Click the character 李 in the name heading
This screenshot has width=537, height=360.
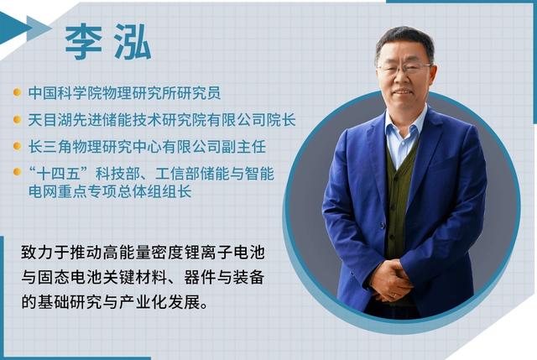point(84,42)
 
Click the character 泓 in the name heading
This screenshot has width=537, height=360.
point(133,42)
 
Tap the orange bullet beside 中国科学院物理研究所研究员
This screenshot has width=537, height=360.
point(17,92)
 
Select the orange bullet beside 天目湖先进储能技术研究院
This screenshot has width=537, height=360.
point(17,119)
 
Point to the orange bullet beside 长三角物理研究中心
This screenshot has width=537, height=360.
point(17,146)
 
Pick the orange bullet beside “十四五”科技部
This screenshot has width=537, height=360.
point(17,171)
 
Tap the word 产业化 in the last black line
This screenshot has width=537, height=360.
point(143,302)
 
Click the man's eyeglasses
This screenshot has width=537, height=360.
point(404,68)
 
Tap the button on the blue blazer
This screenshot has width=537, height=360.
point(383,226)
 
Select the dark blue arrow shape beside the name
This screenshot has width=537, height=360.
point(13,28)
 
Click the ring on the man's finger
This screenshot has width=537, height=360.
point(395,295)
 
